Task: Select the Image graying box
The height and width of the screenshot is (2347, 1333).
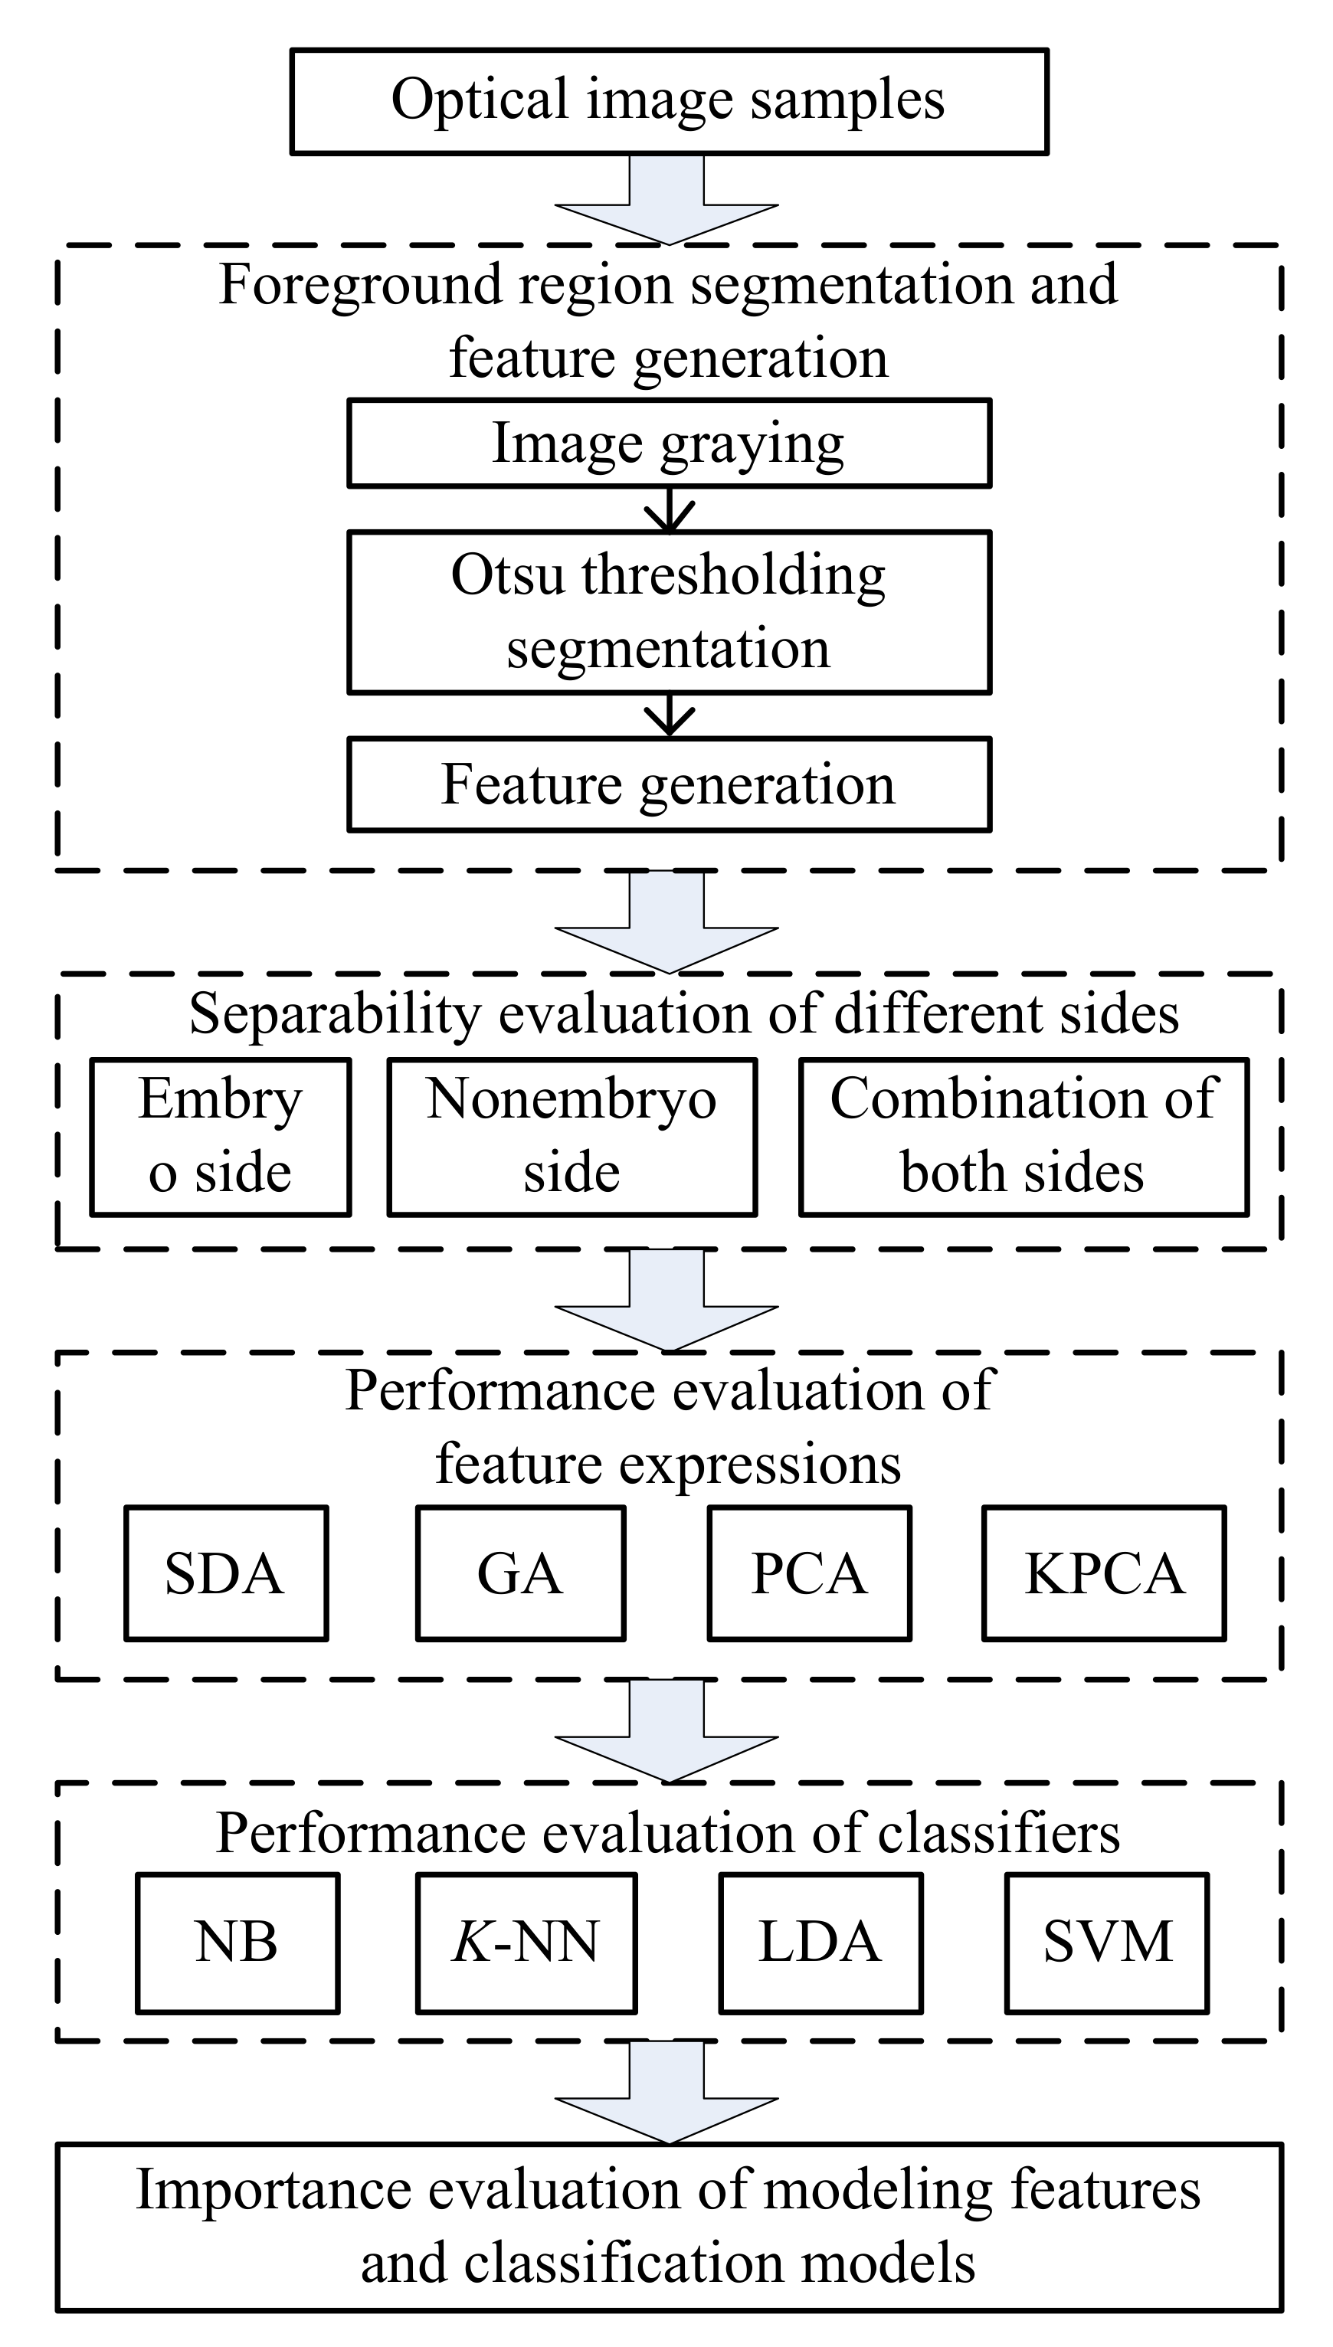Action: (668, 443)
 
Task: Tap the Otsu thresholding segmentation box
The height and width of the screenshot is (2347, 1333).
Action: (668, 611)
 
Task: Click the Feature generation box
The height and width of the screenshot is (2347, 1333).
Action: (668, 784)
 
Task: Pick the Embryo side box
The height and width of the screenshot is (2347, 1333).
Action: (221, 1137)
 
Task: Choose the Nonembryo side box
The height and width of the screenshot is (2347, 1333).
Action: (572, 1137)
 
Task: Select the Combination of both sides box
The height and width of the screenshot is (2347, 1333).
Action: (1023, 1137)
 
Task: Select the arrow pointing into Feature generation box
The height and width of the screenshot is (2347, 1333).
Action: (670, 715)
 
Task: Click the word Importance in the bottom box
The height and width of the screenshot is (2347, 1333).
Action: (273, 2189)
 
